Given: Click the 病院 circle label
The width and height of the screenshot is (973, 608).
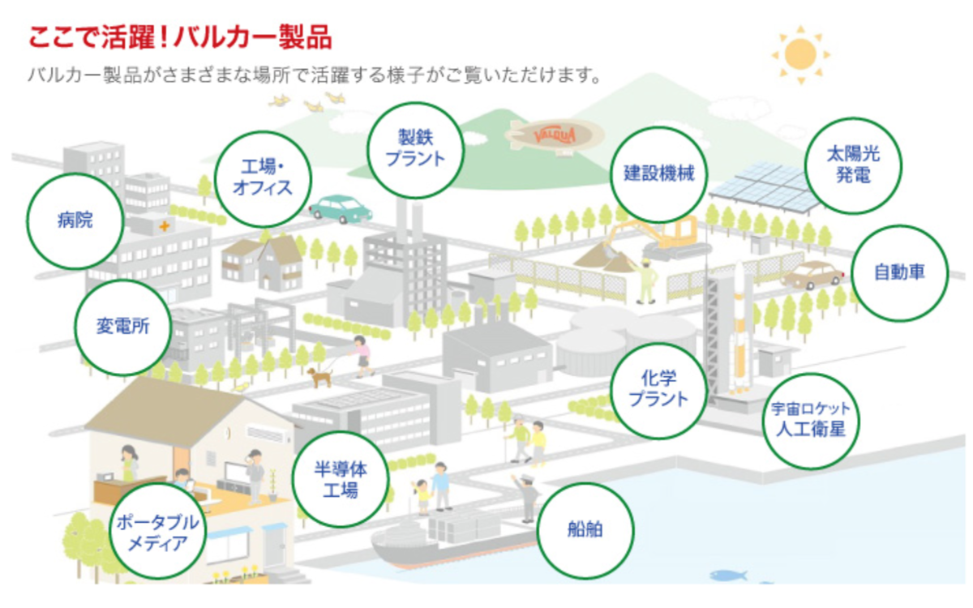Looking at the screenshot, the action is pyautogui.click(x=75, y=221).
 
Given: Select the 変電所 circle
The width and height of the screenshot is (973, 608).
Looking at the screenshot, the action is pyautogui.click(x=123, y=328).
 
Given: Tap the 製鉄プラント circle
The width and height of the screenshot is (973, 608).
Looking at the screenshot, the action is pyautogui.click(x=416, y=150).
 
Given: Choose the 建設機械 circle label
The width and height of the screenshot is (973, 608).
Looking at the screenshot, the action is pyautogui.click(x=659, y=174).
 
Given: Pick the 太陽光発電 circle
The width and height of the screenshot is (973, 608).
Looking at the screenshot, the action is pyautogui.click(x=854, y=166).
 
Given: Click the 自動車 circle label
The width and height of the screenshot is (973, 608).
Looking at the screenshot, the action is pyautogui.click(x=899, y=273).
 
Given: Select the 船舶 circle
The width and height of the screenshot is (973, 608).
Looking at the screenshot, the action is pyautogui.click(x=585, y=530).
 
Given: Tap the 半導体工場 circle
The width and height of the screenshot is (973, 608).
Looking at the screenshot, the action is pyautogui.click(x=341, y=479).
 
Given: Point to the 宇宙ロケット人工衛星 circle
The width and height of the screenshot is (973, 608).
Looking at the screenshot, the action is pyautogui.click(x=811, y=421).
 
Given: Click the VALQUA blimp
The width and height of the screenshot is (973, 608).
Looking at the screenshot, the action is pyautogui.click(x=555, y=136).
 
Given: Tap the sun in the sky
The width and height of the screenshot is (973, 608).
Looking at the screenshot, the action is pyautogui.click(x=800, y=54).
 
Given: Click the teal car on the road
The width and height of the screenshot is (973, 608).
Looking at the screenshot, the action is pyautogui.click(x=341, y=209).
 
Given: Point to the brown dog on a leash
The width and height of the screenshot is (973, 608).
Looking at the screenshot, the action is pyautogui.click(x=319, y=377).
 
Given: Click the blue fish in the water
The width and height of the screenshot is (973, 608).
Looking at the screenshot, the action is pyautogui.click(x=728, y=576).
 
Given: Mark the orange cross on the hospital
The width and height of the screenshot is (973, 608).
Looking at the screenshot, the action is pyautogui.click(x=164, y=226).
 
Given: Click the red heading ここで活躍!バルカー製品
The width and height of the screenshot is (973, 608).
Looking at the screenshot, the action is pyautogui.click(x=180, y=38).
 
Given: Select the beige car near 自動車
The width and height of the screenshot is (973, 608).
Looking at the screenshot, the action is pyautogui.click(x=812, y=276).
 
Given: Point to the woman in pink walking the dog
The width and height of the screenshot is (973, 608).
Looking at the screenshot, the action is pyautogui.click(x=362, y=357).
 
